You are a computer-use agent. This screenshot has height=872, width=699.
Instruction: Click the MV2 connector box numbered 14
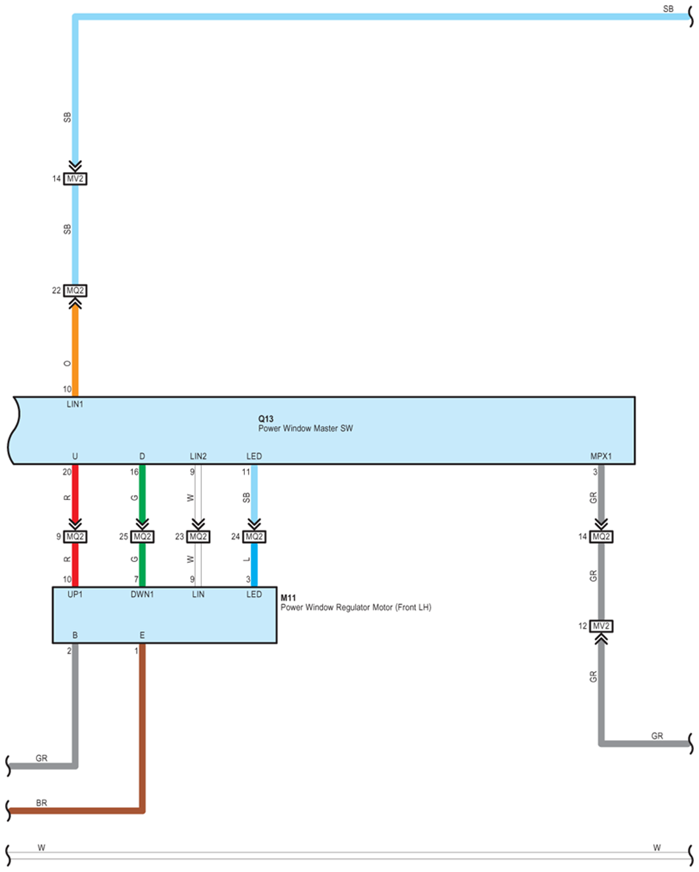(x=76, y=179)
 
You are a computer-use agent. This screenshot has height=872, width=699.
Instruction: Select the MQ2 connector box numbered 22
(x=76, y=290)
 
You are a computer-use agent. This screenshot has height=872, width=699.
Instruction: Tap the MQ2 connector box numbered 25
(x=142, y=536)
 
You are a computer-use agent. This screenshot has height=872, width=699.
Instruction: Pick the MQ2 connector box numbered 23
(x=198, y=536)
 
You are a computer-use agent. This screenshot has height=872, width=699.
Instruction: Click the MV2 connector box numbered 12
(x=601, y=626)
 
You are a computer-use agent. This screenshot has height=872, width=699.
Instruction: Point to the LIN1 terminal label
(x=75, y=404)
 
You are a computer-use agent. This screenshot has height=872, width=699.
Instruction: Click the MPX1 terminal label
(x=601, y=456)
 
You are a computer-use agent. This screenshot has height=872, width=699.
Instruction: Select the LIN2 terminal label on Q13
(x=198, y=456)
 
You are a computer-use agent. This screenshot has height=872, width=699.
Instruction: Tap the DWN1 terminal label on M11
(x=142, y=594)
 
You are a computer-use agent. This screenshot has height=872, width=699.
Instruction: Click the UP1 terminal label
(x=75, y=594)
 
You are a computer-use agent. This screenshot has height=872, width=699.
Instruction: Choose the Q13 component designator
(x=266, y=419)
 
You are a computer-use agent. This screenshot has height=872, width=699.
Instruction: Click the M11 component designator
(x=288, y=598)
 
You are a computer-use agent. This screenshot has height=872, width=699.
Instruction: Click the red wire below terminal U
(x=76, y=494)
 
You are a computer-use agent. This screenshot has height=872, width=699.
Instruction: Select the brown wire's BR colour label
(x=41, y=803)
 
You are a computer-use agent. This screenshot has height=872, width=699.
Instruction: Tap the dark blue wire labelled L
(x=254, y=565)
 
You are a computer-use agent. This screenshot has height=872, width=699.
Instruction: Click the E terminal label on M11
(x=142, y=635)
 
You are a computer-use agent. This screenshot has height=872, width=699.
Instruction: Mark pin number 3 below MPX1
(x=595, y=472)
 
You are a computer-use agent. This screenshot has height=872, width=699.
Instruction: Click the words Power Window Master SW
(x=306, y=428)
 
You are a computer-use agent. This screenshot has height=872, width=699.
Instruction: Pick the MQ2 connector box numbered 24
(x=254, y=536)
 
